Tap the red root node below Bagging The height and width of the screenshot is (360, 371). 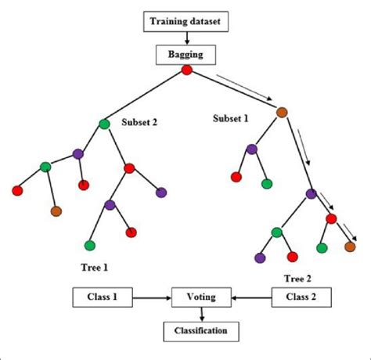pyautogui.click(x=186, y=71)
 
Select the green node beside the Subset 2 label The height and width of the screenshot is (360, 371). pyautogui.click(x=105, y=124)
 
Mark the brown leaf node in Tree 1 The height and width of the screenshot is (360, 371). pyautogui.click(x=56, y=211)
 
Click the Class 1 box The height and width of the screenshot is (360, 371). pyautogui.click(x=102, y=297)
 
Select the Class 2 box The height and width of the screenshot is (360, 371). pyautogui.click(x=300, y=297)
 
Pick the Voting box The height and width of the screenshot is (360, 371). pyautogui.click(x=202, y=297)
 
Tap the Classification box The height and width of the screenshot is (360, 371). pyautogui.click(x=202, y=331)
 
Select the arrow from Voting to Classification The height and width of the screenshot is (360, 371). pyautogui.click(x=202, y=314)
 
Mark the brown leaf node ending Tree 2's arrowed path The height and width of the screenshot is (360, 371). pyautogui.click(x=350, y=247)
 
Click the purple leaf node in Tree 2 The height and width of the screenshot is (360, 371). pyautogui.click(x=260, y=256)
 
